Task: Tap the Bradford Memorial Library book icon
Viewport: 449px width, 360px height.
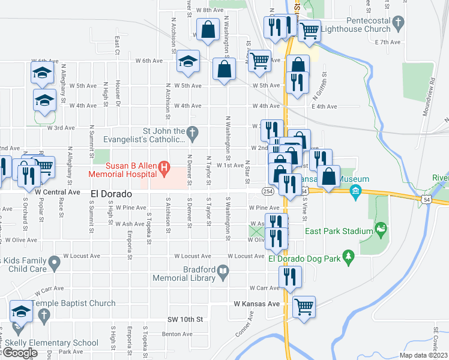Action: pyautogui.click(x=223, y=273)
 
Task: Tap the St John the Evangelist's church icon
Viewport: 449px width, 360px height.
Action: pyautogui.click(x=192, y=131)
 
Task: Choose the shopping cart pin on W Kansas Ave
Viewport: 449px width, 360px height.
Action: pyautogui.click(x=304, y=306)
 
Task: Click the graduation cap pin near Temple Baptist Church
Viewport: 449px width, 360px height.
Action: pyautogui.click(x=21, y=311)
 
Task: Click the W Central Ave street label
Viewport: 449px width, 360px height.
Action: pyautogui.click(x=58, y=192)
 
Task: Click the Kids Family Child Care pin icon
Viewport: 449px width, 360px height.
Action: pyautogui.click(x=55, y=261)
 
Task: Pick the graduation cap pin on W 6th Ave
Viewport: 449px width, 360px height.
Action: pyautogui.click(x=188, y=61)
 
